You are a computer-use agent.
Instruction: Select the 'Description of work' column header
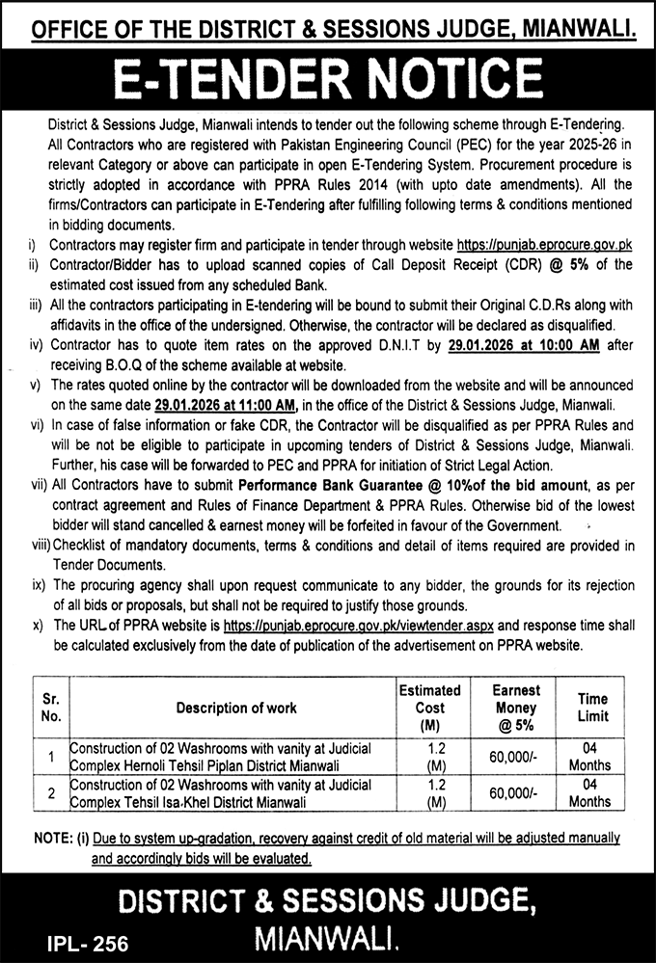[x=236, y=709]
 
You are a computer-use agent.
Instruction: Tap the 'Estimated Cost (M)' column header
[x=429, y=709]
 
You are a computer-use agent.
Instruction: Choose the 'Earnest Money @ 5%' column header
[x=515, y=709]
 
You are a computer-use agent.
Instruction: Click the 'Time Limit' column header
[x=592, y=709]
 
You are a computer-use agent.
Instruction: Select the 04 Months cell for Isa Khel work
[x=589, y=793]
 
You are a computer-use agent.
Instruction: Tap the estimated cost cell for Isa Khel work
[x=429, y=793]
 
